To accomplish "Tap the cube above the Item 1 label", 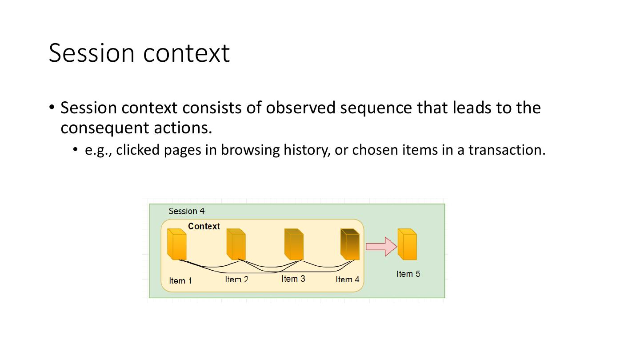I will tap(177, 244).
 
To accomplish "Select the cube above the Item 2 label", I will tap(236, 244).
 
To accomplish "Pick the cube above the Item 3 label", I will tap(294, 244).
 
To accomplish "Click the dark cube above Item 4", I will tap(350, 244).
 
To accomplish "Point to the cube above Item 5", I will tap(407, 244).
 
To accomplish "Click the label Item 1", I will tap(180, 281).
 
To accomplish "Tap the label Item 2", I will tap(236, 280).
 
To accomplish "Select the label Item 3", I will tap(293, 279).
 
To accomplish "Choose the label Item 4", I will tap(347, 280).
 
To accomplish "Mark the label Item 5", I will tap(408, 274).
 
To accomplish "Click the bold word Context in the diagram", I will tap(204, 226).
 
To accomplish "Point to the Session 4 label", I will tap(187, 211).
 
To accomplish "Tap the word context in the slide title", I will tap(187, 53).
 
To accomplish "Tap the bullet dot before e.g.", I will tap(76, 149).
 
